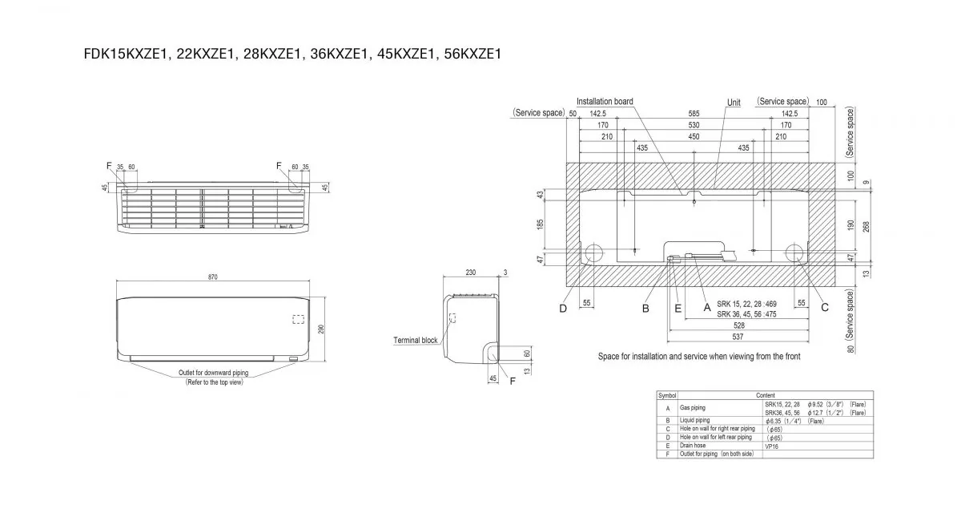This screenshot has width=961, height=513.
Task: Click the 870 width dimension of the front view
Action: pos(212,277)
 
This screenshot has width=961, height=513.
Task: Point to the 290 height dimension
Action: pos(320,329)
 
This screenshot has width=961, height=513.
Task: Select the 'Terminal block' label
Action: pos(416,340)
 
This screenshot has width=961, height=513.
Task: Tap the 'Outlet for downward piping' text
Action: pos(214,374)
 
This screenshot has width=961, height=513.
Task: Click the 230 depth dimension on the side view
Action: pos(471,273)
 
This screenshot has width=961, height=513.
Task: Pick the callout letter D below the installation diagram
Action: pos(563,307)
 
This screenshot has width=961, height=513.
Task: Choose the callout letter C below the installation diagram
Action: pos(825,307)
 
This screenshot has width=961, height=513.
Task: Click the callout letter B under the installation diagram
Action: pos(645,307)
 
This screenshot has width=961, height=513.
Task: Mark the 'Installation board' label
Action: pos(605,102)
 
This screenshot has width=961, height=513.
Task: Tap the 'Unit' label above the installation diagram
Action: pos(734,103)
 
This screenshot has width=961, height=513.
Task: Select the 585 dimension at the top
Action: pos(694,114)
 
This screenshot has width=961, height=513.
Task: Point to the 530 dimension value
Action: pos(694,125)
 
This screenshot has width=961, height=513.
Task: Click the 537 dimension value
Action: pos(739,337)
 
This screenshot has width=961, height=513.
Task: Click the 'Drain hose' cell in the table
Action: pos(695,446)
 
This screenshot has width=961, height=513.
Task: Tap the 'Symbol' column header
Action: pos(667,396)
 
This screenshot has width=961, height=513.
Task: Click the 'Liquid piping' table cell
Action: pos(695,420)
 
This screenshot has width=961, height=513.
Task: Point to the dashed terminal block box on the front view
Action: pos(298,319)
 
